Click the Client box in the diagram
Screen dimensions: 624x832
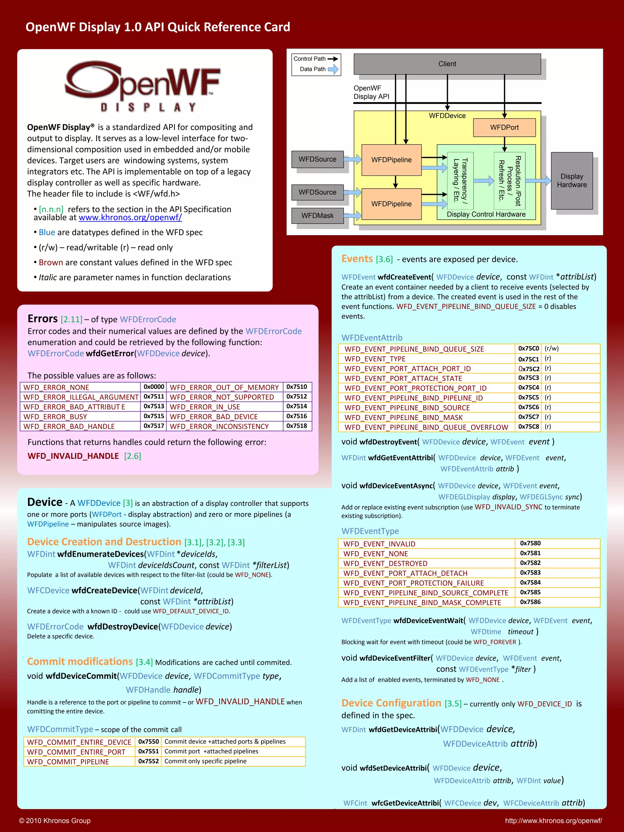click(447, 64)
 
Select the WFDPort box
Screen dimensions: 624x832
click(504, 128)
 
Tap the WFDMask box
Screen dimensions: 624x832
click(317, 215)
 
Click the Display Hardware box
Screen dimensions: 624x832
click(571, 181)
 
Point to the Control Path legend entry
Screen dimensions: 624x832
click(315, 59)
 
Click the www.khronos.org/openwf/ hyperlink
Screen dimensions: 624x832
click(130, 218)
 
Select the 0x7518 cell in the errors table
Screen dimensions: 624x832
click(297, 426)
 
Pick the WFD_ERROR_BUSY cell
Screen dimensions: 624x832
click(55, 416)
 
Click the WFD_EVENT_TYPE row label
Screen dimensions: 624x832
click(375, 359)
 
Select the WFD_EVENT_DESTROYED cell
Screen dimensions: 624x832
click(385, 563)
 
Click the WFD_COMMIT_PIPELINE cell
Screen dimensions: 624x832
click(68, 762)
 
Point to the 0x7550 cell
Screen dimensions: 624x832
click(149, 741)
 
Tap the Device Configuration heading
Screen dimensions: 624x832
click(391, 703)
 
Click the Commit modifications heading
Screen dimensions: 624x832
click(80, 662)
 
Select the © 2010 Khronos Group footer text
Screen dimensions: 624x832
click(55, 821)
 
